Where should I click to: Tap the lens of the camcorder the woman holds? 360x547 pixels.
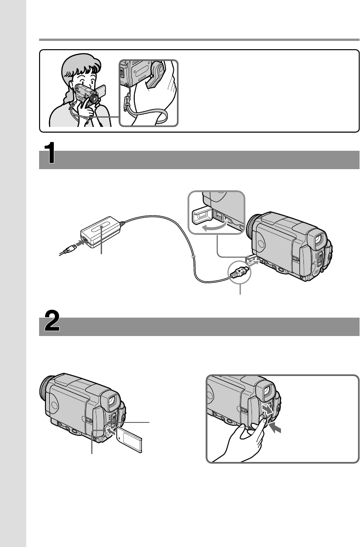point(93,98)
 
